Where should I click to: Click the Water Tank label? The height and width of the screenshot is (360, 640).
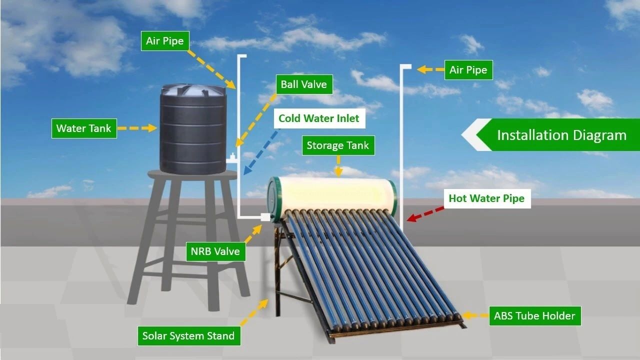click(x=84, y=128)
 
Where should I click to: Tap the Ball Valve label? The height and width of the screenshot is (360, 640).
click(x=304, y=84)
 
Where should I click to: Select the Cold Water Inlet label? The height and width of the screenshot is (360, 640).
click(x=319, y=118)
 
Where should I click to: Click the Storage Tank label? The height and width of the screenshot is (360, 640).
click(x=338, y=145)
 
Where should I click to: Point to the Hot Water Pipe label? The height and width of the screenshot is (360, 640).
click(x=487, y=198)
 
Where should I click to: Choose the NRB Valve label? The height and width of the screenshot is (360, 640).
click(x=215, y=251)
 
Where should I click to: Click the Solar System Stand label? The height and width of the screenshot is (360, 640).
click(x=189, y=336)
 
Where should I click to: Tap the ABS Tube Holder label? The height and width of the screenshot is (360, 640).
click(x=535, y=316)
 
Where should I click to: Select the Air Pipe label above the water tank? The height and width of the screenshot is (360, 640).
click(x=165, y=41)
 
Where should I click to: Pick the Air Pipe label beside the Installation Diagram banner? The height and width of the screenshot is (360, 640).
click(x=468, y=70)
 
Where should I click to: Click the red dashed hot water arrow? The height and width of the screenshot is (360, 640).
click(x=425, y=214)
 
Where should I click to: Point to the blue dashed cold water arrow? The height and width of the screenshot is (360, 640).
click(x=261, y=151)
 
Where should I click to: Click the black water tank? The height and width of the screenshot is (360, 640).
click(x=193, y=128)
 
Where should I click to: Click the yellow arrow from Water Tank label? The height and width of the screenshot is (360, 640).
click(x=137, y=128)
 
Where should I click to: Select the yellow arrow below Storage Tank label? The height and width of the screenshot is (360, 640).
click(x=338, y=166)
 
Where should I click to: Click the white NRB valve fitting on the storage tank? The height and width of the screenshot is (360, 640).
click(x=265, y=217)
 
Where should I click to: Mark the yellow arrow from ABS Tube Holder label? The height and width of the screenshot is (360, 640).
click(x=475, y=315)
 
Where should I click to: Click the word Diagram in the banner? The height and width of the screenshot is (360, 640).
click(x=599, y=135)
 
